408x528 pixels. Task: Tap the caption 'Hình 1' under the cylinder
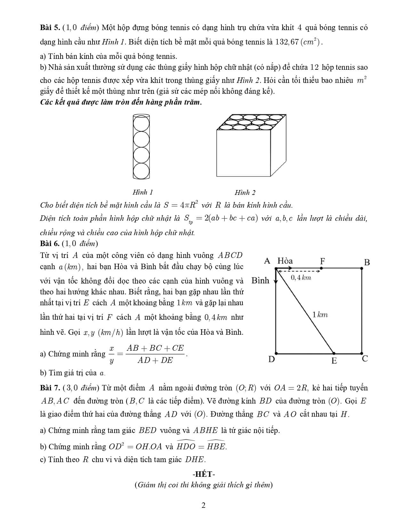[x=143, y=192]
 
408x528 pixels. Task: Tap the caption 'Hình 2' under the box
[x=245, y=192]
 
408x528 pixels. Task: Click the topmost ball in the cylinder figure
[x=141, y=123]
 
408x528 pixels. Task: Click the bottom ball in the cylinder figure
[x=141, y=171]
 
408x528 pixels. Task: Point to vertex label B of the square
[x=367, y=262]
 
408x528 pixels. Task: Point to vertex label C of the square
[x=365, y=359]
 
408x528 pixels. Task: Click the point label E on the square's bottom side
[x=334, y=361]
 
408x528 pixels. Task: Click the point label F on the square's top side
[x=323, y=261]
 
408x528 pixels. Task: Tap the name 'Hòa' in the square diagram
[x=285, y=261]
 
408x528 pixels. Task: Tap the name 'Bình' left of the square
[x=260, y=281]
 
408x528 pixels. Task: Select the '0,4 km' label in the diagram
[x=301, y=278]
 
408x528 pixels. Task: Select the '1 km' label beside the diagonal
[x=320, y=315]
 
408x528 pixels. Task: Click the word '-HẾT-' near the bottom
[x=204, y=474]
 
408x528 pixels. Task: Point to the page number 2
[x=204, y=505]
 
